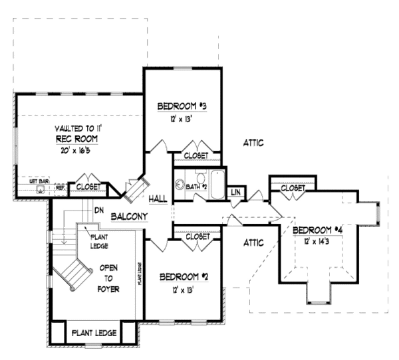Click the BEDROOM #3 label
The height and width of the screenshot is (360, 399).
pos(184,106)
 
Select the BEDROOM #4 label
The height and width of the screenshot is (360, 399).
pos(317,230)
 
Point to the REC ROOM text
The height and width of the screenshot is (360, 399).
pos(77,139)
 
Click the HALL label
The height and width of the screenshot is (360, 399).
pos(158,198)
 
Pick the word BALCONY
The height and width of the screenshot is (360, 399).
pos(129,217)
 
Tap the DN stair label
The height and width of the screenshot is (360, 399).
pos(98,210)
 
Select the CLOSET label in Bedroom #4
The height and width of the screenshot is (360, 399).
pos(293,189)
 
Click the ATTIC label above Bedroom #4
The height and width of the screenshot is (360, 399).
pos(253,142)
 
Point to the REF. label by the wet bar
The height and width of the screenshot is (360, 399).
pos(60,188)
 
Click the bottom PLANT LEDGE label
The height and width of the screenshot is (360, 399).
pos(94,333)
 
